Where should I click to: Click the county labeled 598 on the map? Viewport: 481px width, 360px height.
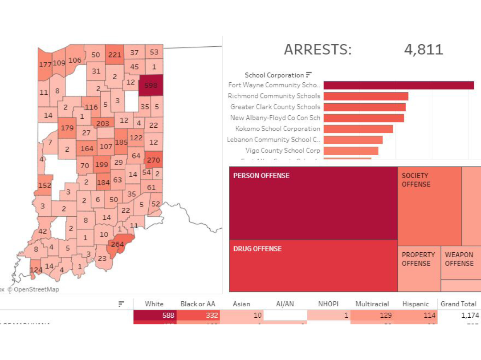pos(151,85)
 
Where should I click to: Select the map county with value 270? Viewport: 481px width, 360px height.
pos(153,160)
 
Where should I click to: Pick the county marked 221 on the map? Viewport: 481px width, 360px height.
pos(114,55)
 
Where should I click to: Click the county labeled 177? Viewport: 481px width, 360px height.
pos(45,65)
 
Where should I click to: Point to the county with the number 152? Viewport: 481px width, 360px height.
pos(45,185)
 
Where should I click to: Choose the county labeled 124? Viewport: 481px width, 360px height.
pos(36,270)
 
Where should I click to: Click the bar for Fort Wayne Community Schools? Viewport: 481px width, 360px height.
pos(398,85)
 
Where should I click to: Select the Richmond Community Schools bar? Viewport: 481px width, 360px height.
pos(366,96)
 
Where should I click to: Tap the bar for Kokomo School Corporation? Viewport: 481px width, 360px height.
pos(358,129)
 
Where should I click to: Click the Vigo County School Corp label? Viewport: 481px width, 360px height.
pos(282,151)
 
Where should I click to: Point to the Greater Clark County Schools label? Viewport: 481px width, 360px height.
pos(275,107)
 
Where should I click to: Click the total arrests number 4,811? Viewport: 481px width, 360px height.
pos(424,49)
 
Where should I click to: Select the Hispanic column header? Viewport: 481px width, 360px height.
pos(415,304)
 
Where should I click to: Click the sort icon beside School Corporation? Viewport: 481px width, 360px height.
pos(309,75)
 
